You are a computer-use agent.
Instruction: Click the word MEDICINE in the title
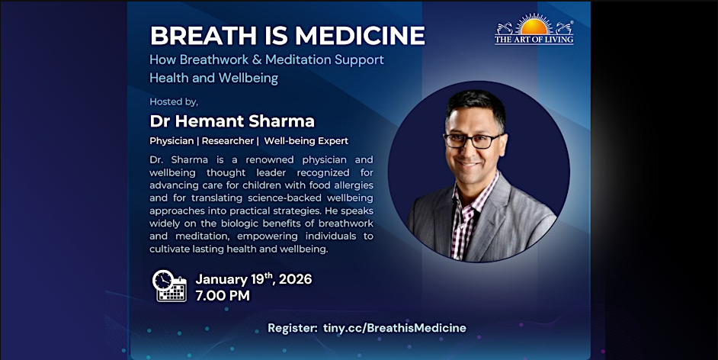(360, 35)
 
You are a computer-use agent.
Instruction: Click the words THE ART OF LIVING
(534, 40)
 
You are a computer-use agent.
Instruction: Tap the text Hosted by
(174, 101)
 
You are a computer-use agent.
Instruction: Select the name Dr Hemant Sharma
(232, 121)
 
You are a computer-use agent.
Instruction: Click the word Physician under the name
(171, 141)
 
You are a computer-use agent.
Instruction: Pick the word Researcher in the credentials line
(228, 141)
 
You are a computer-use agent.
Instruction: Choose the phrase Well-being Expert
(306, 141)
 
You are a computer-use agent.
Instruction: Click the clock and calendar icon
(169, 286)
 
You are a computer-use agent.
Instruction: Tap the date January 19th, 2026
(254, 279)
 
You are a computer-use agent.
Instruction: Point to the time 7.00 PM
(223, 295)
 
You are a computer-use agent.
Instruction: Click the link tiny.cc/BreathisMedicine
(395, 328)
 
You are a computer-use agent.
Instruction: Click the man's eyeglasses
(473, 140)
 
